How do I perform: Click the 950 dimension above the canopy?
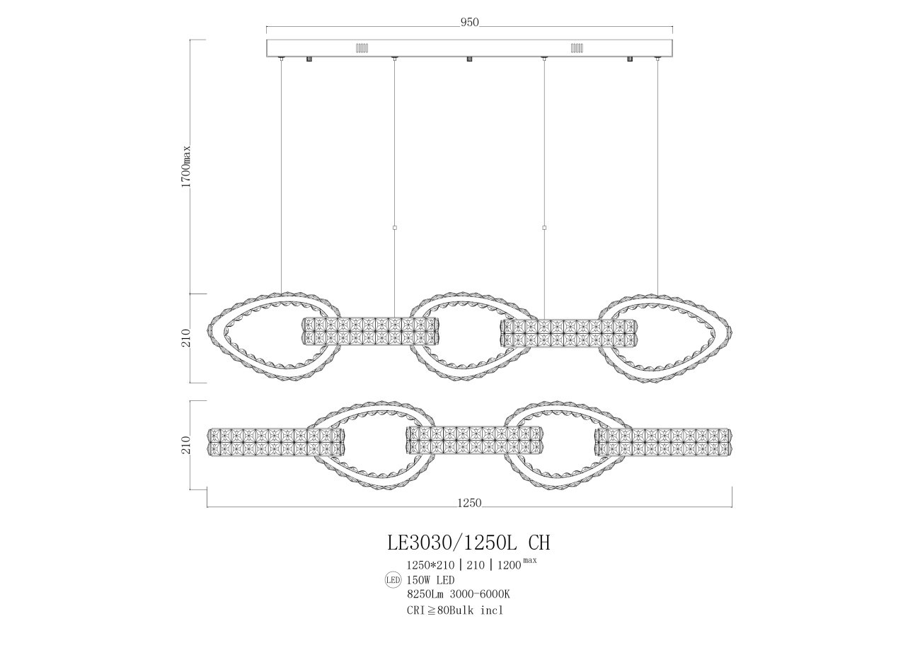(470, 23)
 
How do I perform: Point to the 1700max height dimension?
(186, 166)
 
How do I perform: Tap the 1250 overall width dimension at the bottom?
(469, 504)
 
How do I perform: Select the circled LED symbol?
(392, 580)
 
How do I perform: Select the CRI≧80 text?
(427, 610)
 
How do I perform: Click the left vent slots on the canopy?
(362, 48)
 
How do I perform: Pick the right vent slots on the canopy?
(577, 48)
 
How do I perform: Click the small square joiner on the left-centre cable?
(394, 228)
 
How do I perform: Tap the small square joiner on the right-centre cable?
(544, 228)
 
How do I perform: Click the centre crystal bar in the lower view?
(474, 440)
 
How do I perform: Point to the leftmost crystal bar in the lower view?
(276, 442)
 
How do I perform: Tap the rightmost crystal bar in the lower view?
(663, 442)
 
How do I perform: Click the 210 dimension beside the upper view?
(186, 338)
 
